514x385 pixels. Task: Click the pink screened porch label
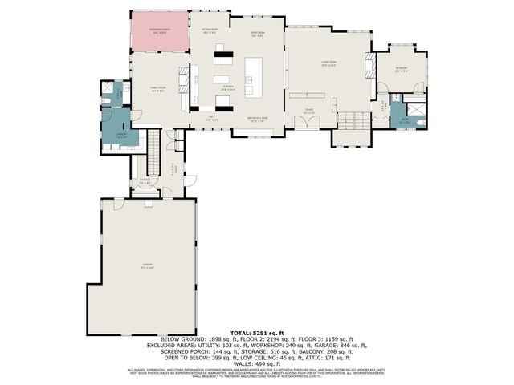coord(160,31)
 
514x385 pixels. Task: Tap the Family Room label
coord(158,90)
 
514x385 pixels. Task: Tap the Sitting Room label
coord(209,31)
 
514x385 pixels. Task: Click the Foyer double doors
coord(308,121)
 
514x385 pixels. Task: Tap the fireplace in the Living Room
coord(369,64)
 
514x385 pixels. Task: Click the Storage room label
coord(145,182)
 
